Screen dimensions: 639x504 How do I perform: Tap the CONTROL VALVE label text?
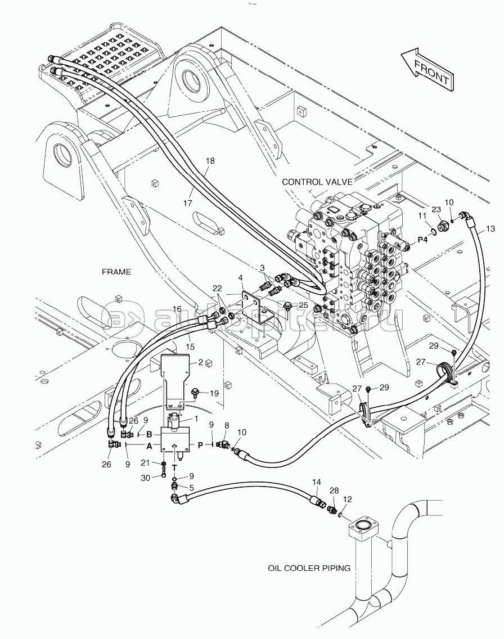[317, 182]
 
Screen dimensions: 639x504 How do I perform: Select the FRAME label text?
[116, 272]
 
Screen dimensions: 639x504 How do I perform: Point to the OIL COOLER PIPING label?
[309, 568]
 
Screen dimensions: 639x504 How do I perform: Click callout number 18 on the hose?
[210, 161]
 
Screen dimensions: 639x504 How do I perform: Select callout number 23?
[436, 209]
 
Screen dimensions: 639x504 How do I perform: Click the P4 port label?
[422, 240]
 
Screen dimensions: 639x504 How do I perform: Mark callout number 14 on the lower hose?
[316, 482]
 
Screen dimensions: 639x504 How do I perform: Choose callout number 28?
[334, 492]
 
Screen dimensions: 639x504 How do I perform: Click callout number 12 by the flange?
[347, 499]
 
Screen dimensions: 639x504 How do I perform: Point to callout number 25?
[303, 305]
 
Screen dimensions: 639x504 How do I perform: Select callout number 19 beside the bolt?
[214, 393]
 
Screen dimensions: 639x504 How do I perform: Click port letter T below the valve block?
[174, 467]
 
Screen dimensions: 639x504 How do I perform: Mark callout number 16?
[177, 310]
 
